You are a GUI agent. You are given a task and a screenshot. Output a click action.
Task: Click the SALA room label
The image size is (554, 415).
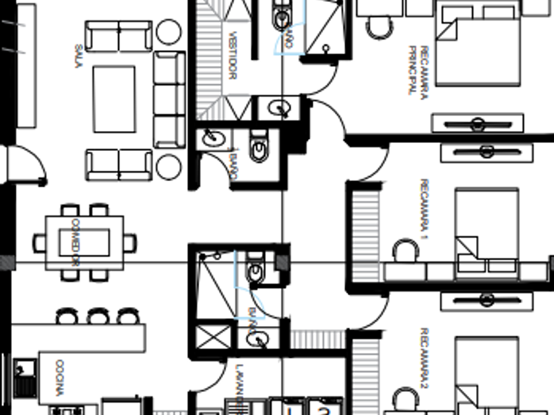(x=78, y=56)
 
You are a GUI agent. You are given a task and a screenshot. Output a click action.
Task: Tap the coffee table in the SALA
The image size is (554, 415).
(x=113, y=99)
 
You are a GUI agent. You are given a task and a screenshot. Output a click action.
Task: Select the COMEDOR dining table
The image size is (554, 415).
(x=84, y=242)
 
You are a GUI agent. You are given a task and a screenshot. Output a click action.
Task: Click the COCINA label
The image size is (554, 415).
(x=59, y=377)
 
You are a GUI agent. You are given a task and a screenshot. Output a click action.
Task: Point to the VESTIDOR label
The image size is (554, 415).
(x=231, y=55)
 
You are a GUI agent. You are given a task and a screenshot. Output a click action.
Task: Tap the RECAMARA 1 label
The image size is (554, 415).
(x=423, y=208)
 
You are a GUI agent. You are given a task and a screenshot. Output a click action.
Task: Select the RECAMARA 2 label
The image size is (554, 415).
(x=424, y=356)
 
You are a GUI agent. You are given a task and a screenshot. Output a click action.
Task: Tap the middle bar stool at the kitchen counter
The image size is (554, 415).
(x=98, y=317)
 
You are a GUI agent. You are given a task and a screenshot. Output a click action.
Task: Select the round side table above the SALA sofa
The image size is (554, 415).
(x=169, y=31)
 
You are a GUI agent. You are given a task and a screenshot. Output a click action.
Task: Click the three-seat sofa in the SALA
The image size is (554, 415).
(x=169, y=99)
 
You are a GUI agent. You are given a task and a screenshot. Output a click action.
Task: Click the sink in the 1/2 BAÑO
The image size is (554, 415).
(x=214, y=138)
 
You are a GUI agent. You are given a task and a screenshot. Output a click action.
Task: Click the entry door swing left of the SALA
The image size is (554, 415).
(x=30, y=165)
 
